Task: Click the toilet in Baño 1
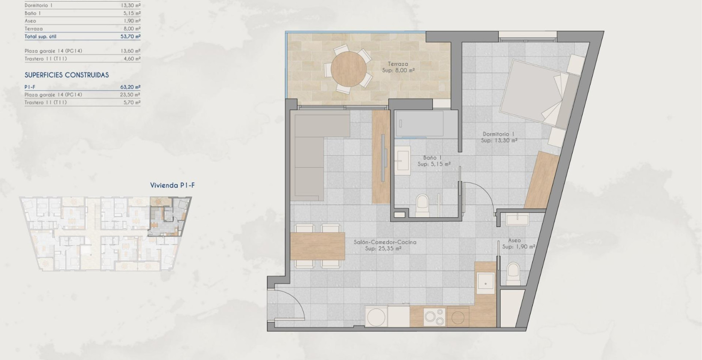pos(422,204)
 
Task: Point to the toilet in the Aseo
pos(513,273)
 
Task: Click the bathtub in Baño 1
pos(420,123)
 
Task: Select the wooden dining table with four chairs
pos(318,246)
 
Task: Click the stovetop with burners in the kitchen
pos(434,317)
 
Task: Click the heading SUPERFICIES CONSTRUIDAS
pos(66,75)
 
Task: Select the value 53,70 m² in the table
pos(130,37)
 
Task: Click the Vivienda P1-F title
pos(172,186)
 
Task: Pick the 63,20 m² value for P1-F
pos(130,87)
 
